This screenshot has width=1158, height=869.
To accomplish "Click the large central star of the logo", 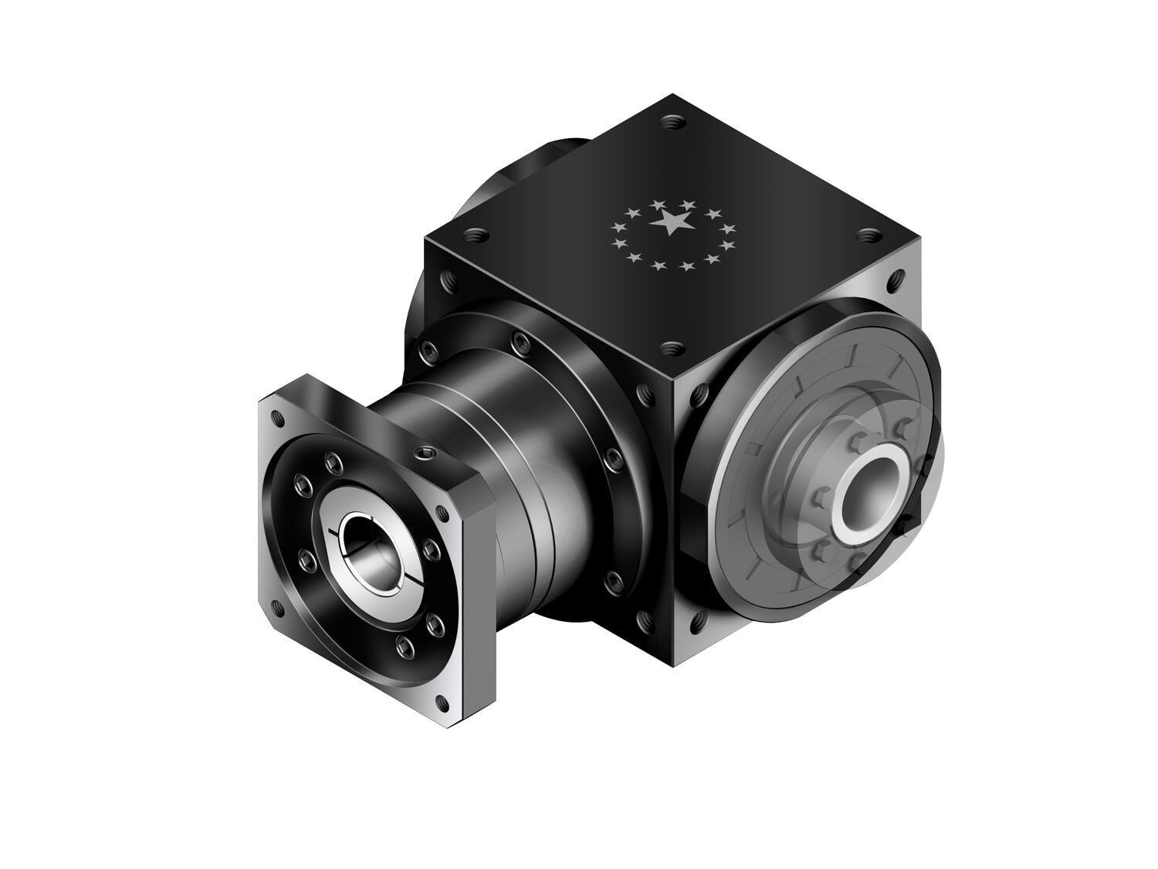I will [671, 223].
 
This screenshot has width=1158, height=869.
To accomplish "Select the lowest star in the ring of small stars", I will [658, 265].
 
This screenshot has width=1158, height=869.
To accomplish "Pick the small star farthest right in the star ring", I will [730, 229].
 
